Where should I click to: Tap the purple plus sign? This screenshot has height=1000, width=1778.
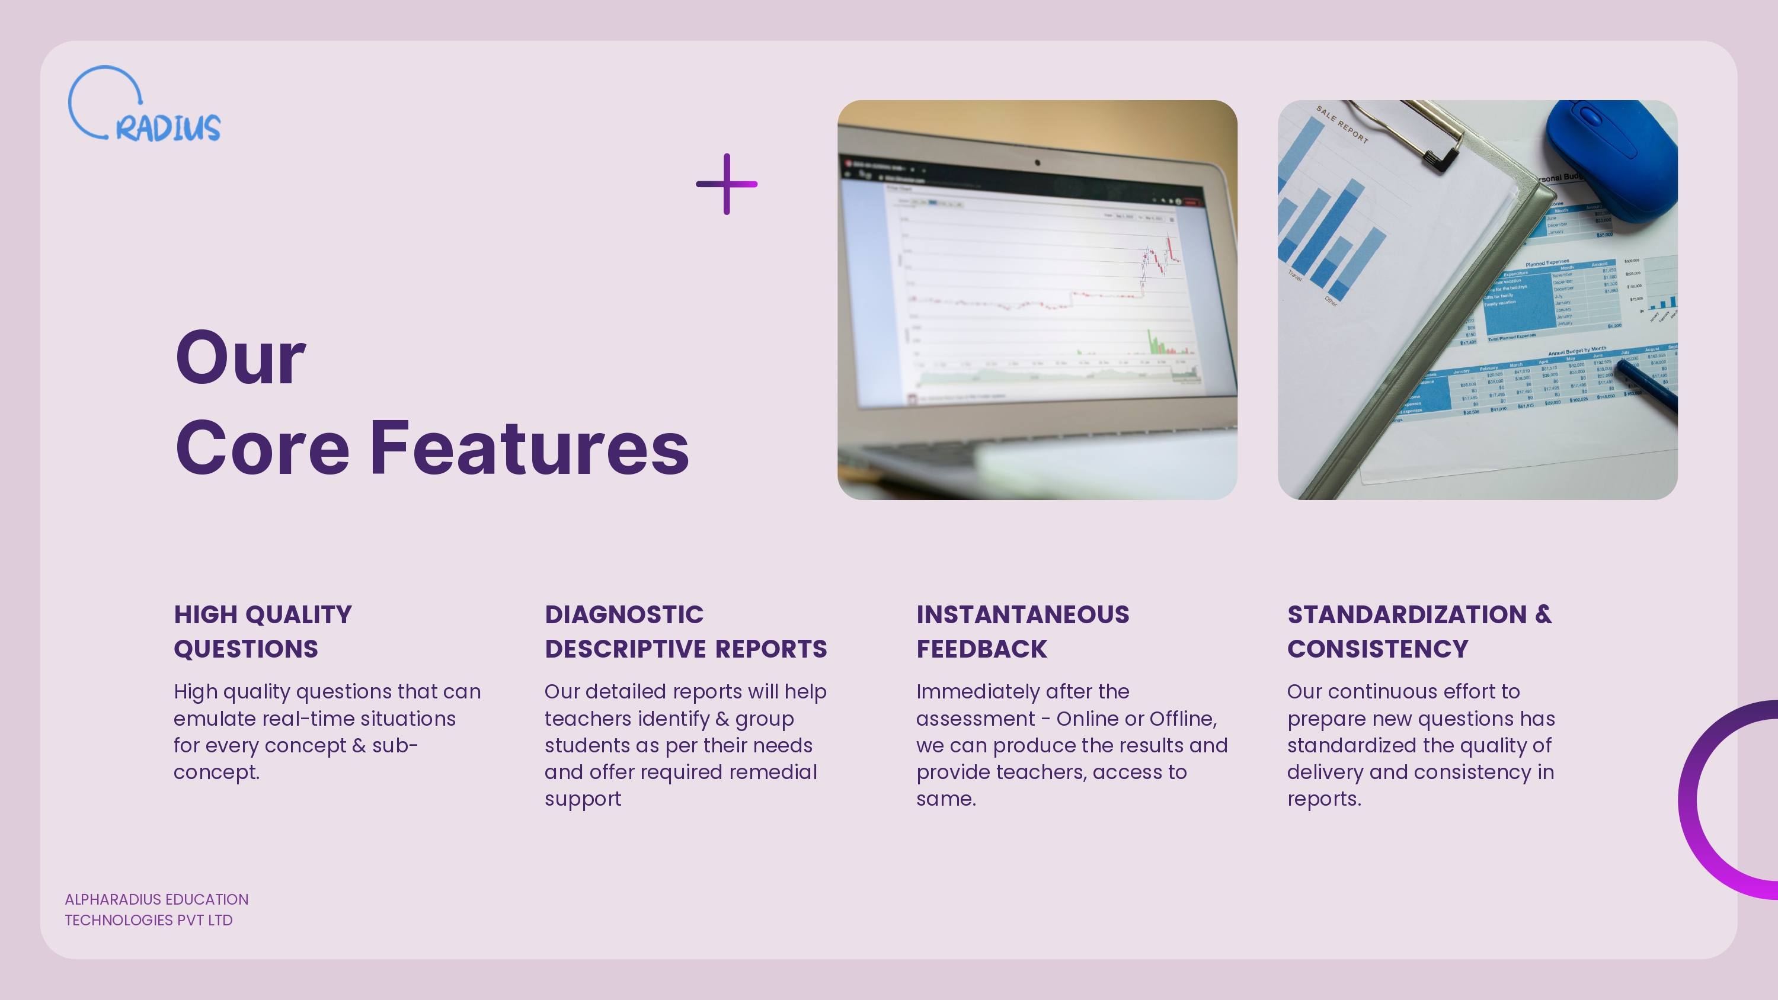(x=726, y=184)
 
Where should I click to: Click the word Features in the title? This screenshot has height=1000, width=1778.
(x=529, y=448)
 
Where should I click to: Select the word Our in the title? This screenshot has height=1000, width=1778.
(x=240, y=358)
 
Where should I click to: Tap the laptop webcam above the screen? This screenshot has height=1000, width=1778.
(x=1037, y=163)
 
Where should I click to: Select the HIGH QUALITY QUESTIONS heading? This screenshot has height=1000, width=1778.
(x=263, y=632)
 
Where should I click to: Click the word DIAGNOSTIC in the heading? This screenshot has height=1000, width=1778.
(x=624, y=615)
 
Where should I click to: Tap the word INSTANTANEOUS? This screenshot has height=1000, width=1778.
(x=1022, y=615)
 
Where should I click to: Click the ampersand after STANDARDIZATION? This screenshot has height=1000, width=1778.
(x=1543, y=614)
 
